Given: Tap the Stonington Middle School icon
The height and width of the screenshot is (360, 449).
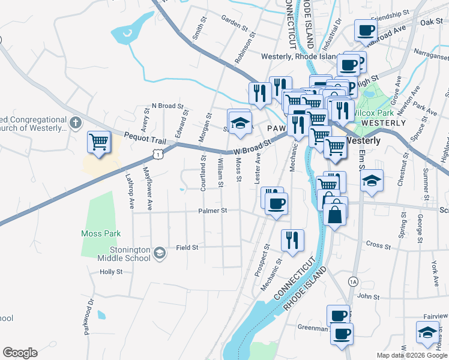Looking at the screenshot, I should pos(159,253).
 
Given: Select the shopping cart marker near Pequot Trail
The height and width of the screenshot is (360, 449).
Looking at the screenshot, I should pos(98,143).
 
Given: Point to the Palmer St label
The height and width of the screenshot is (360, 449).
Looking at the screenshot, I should pos(213,211).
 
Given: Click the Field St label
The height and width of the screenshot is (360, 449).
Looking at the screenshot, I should pos(187,247).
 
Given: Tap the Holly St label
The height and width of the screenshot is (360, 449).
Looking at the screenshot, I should pos(111,271).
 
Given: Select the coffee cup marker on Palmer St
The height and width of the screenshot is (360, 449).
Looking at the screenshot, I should pos(276,204).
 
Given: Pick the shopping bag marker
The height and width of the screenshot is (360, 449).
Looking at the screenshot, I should pos(334,214).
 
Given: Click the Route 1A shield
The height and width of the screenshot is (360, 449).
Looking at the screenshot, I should pos(353,281).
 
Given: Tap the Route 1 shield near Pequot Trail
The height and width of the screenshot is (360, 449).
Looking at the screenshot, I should pos(157,155).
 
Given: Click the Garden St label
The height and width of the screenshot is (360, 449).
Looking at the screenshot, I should pos(234,23).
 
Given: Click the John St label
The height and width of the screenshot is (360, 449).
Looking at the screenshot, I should pos(369,296).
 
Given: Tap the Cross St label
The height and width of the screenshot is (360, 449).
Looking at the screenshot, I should pos(378,245).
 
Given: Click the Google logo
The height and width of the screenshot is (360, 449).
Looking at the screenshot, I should pos(20,353).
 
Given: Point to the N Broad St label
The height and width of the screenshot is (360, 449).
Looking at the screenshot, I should pos(167,106).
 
